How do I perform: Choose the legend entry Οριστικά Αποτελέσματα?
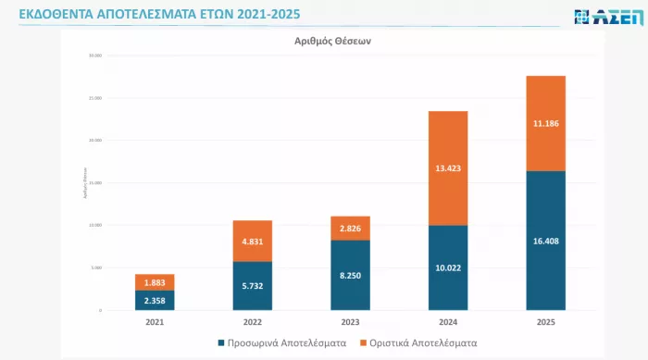423,342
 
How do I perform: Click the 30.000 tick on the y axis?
94,56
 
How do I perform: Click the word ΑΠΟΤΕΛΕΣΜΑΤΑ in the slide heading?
155,14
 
